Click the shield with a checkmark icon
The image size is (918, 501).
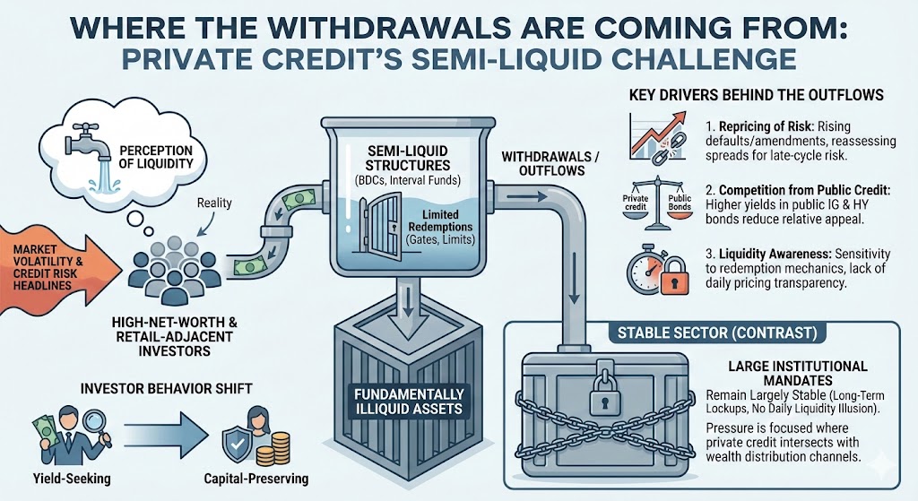tap(235, 442)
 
